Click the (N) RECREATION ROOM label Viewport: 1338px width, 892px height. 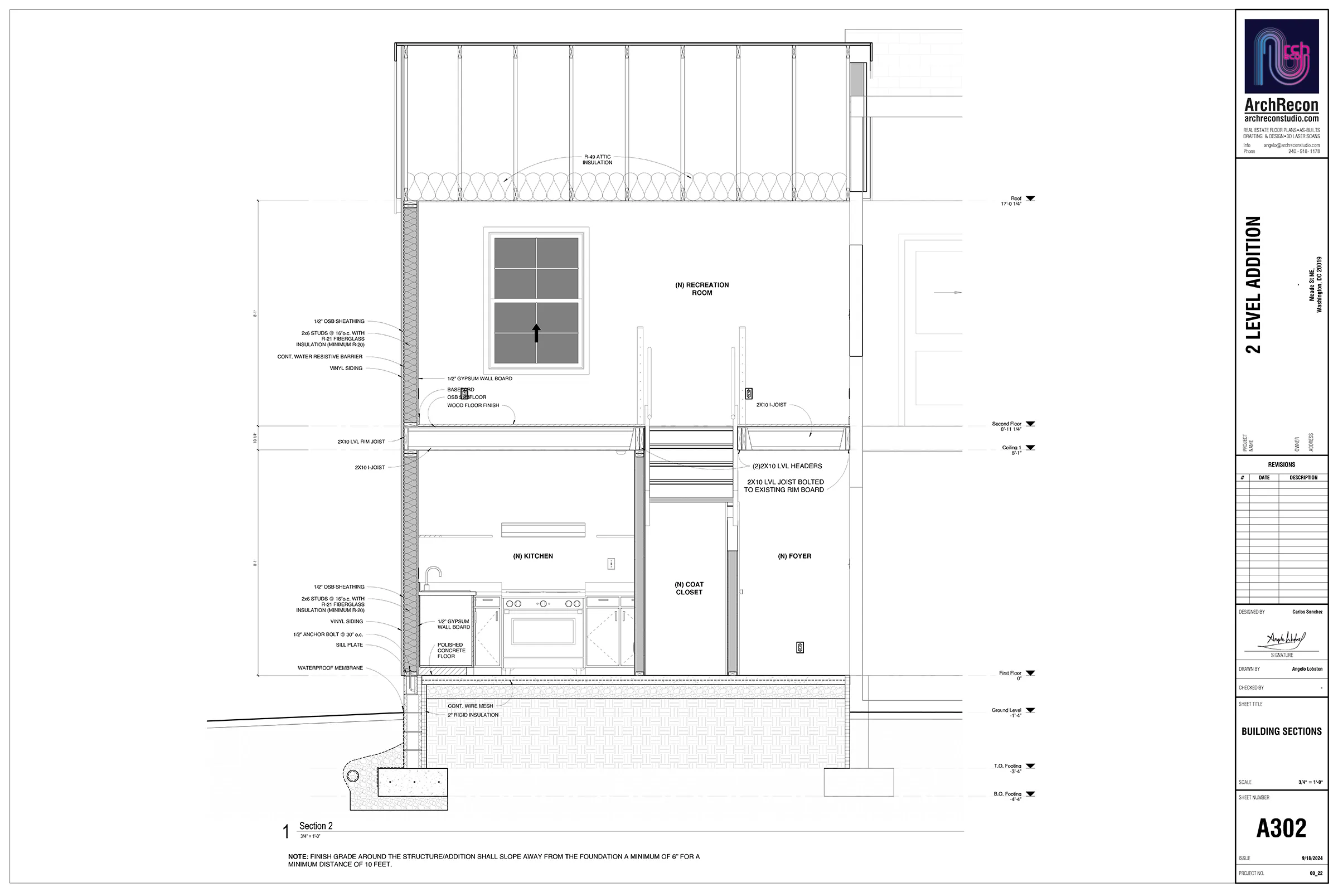tap(701, 289)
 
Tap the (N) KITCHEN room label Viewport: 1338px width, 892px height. tap(532, 556)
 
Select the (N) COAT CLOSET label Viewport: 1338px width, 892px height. tap(689, 588)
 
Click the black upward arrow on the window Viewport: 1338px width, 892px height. tap(536, 333)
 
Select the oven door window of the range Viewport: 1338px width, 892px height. tap(542, 631)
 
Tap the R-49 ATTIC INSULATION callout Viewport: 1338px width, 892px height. tap(597, 160)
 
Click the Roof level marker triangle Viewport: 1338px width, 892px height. tap(1030, 198)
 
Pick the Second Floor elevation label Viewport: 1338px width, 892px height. tap(1006, 426)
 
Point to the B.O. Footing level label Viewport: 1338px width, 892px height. tap(1007, 797)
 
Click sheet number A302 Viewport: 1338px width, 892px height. tap(1281, 828)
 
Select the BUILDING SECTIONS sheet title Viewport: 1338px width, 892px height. tap(1281, 731)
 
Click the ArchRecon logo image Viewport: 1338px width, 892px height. tap(1281, 56)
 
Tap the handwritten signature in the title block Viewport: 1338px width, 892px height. tap(1285, 640)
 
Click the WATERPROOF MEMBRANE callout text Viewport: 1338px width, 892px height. tap(330, 668)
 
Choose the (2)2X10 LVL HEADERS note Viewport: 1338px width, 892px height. tap(787, 466)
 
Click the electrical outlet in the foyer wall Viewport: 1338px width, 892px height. tap(799, 647)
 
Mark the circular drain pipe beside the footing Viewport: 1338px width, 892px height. tap(352, 776)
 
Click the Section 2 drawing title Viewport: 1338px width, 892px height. tap(316, 826)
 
